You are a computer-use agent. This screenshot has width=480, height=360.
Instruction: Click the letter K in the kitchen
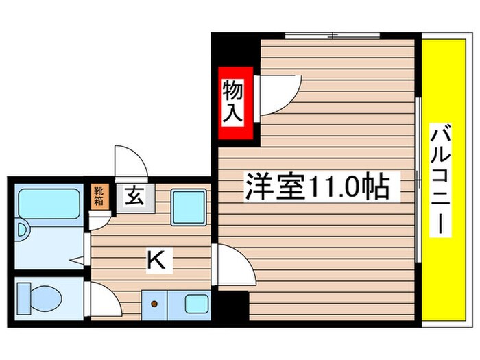(156, 259)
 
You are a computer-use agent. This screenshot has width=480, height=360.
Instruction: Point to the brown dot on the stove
(155, 302)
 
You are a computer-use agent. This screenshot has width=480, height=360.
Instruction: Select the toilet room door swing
(103, 299)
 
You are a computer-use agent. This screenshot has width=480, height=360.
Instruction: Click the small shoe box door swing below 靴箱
(100, 219)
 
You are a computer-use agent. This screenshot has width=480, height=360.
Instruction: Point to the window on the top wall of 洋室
(332, 35)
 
